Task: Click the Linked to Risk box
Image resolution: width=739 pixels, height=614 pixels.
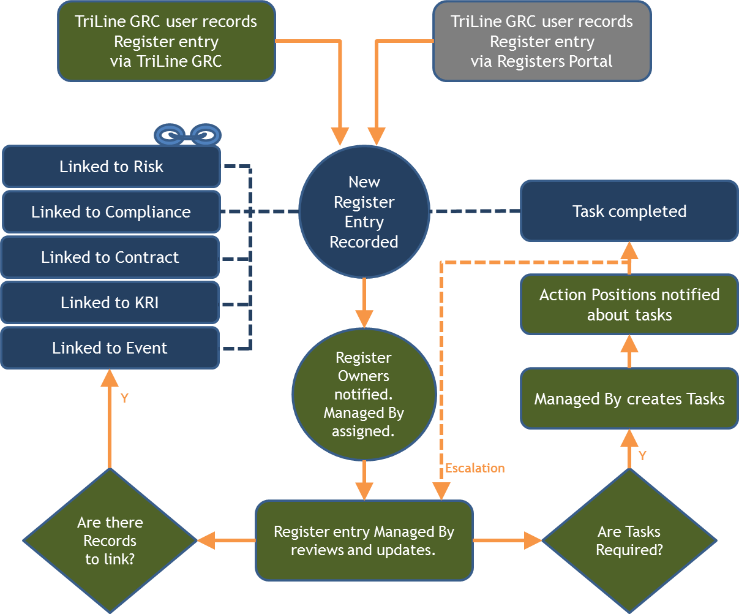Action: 111,167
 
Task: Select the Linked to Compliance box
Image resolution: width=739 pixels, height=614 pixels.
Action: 111,212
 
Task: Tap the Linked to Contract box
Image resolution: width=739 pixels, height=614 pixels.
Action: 110,257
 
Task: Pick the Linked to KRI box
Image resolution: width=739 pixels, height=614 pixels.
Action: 110,303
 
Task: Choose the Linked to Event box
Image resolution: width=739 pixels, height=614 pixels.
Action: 110,348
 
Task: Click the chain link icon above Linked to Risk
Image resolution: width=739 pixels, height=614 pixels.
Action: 187,134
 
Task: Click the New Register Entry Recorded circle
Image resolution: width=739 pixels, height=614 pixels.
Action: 364,212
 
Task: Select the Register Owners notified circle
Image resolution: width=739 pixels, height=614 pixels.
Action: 364,394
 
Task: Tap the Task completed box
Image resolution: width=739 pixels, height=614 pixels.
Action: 629,211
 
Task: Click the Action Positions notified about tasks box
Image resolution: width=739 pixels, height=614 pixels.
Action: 629,305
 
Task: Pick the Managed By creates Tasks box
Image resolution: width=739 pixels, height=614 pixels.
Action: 629,399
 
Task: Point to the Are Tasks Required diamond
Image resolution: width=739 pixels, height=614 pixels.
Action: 629,540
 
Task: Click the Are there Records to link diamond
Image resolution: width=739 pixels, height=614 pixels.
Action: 110,540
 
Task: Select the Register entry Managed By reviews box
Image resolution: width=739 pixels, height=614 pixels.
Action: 364,540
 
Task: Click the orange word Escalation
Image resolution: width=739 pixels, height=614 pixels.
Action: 475,468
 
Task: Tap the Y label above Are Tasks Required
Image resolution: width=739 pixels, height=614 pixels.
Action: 642,455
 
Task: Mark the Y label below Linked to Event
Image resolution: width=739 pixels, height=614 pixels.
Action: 124,398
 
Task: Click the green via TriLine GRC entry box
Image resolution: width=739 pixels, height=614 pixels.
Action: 166,42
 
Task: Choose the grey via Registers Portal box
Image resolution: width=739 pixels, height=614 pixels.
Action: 542,42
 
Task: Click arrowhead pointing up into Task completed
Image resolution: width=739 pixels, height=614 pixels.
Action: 629,250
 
